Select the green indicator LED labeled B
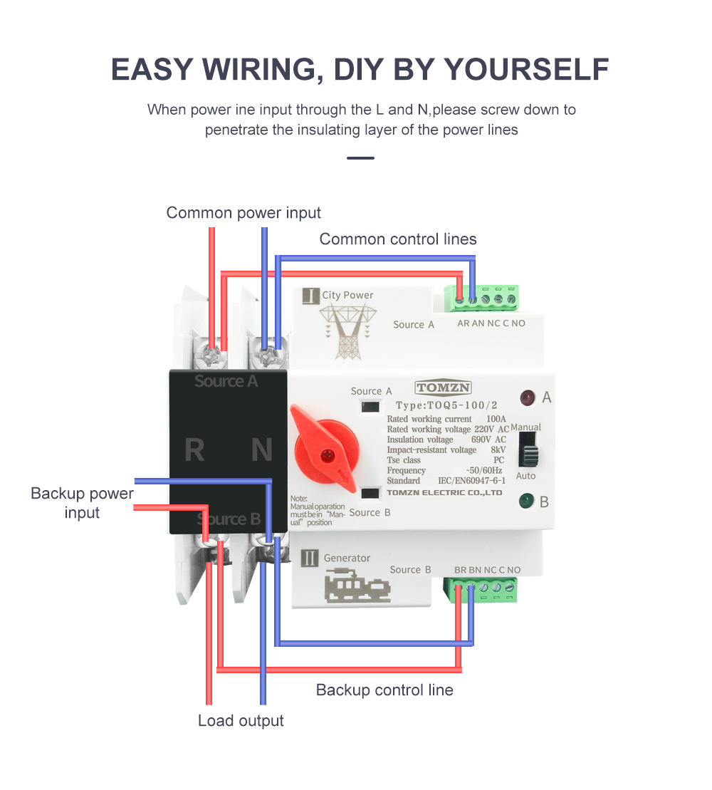pos(527,501)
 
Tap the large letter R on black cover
pos(194,450)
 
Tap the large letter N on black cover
pos(261,450)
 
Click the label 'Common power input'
pos(244,213)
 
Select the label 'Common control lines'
pos(398,239)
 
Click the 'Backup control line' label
pos(384,690)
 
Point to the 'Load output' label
pos(241,720)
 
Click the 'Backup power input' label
pos(82,503)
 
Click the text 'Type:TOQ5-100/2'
pos(446,405)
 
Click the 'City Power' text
pos(347,295)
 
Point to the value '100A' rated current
pos(496,419)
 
